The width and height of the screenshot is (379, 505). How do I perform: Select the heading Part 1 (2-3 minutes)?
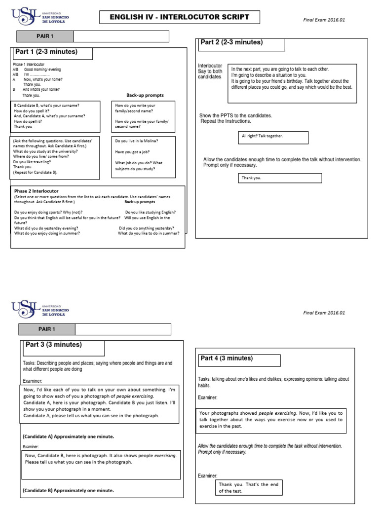[x=47, y=52]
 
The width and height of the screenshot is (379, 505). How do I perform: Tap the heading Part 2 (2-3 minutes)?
[x=231, y=42]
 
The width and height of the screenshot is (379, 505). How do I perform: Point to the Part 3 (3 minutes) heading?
[x=52, y=345]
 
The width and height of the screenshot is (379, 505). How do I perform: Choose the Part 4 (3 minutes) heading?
[x=227, y=359]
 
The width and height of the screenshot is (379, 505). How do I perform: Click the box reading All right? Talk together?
[x=262, y=136]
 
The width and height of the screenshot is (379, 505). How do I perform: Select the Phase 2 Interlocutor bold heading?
[x=37, y=191]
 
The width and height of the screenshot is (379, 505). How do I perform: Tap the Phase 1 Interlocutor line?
[x=29, y=65]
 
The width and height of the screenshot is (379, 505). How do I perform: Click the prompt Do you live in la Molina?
[x=137, y=141]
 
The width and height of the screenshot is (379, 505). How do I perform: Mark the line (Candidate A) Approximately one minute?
[x=68, y=436]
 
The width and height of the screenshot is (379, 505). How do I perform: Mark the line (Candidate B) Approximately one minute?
[x=68, y=490]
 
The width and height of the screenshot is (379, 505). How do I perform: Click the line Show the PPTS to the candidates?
[x=235, y=115]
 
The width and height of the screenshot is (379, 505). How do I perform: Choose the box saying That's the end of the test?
[x=249, y=488]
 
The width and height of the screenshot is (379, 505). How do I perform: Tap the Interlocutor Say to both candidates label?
[x=210, y=71]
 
